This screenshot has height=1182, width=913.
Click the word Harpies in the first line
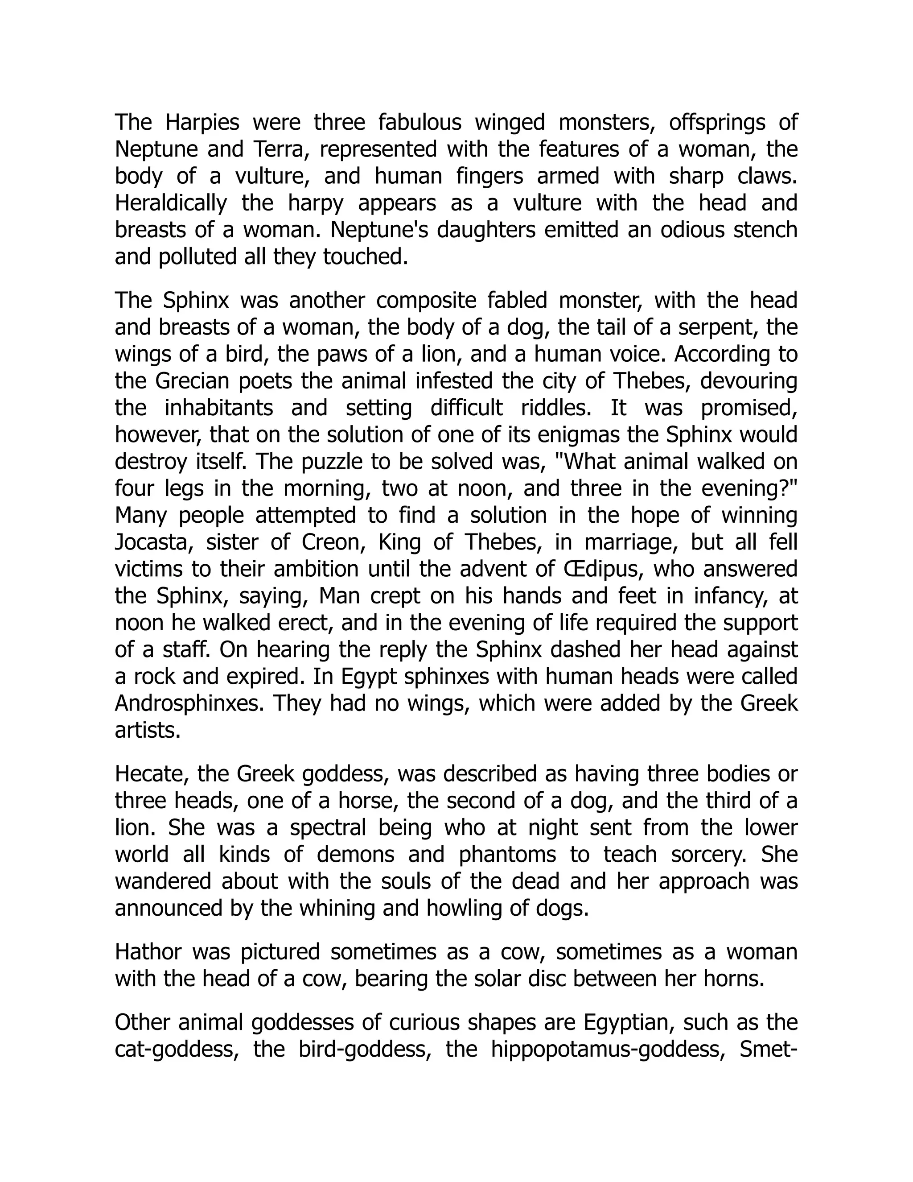[202, 122]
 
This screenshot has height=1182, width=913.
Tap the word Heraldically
[170, 203]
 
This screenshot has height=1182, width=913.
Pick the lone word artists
[147, 731]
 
